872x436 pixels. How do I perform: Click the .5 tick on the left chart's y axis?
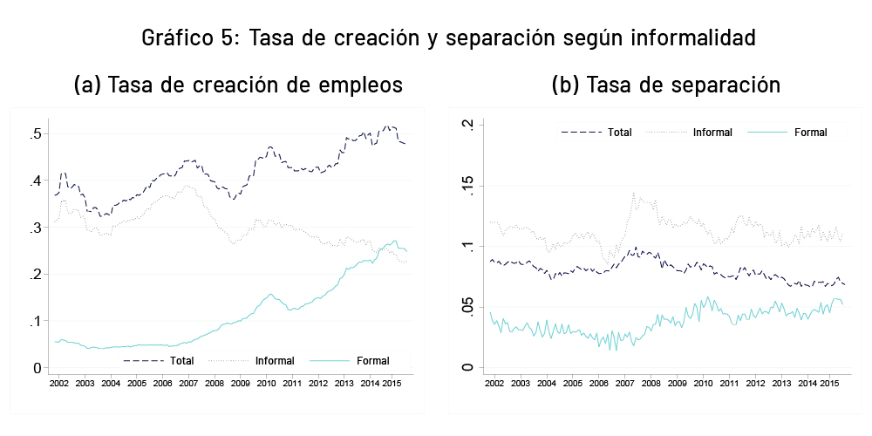pos(36,134)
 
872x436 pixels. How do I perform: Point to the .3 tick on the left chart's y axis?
pos(36,228)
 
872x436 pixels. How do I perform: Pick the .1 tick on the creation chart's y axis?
pos(36,321)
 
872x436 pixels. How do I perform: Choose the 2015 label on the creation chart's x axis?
pos(394,383)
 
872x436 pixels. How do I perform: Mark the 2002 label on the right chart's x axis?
pos(494,383)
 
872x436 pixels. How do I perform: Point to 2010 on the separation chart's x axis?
pos(702,383)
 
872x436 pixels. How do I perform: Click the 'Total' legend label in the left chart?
pos(182,360)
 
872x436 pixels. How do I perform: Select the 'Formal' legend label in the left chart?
pos(372,360)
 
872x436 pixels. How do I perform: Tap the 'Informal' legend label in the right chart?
pos(712,133)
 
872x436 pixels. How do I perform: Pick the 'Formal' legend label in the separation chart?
pos(810,133)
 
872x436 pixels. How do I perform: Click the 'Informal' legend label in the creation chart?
pos(275,360)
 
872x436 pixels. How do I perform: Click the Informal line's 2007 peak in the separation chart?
pos(633,194)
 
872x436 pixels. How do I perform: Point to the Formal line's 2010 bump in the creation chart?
pos(271,295)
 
